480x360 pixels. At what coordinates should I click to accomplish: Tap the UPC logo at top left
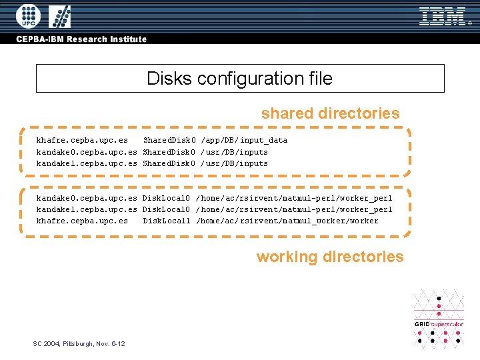[28, 16]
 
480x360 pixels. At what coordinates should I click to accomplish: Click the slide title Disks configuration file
[239, 79]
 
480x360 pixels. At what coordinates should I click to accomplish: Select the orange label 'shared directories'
[330, 113]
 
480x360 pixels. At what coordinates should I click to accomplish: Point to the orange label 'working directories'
[330, 257]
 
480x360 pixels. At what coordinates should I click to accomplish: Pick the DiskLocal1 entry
[167, 221]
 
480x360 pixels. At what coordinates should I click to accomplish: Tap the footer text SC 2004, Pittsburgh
[79, 343]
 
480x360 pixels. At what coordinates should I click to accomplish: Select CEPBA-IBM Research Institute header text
[81, 39]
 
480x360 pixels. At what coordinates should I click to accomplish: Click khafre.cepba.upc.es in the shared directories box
[82, 140]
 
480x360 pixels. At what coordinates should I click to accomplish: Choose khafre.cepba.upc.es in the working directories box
[82, 221]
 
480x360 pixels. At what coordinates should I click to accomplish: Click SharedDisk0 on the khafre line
[169, 140]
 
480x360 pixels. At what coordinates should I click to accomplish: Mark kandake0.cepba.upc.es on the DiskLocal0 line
[87, 198]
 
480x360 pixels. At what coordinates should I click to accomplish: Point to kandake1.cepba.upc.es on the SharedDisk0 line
[87, 163]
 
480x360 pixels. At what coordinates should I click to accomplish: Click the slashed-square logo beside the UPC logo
[61, 16]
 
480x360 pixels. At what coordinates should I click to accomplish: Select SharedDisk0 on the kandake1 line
[169, 163]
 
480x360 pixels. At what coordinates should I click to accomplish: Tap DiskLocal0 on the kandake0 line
[167, 198]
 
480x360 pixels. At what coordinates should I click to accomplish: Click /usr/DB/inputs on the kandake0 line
[234, 152]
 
